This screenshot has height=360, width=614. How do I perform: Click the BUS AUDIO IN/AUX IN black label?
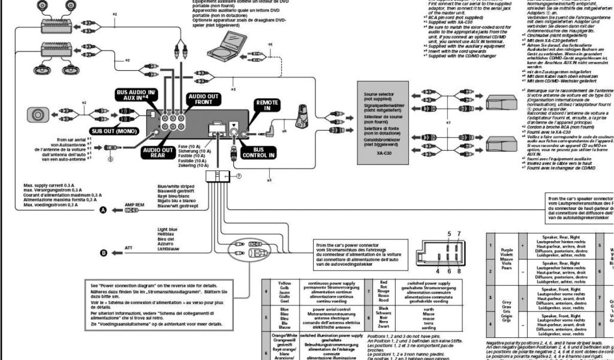pyautogui.click(x=135, y=94)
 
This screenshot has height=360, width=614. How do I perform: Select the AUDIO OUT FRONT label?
pyautogui.click(x=204, y=99)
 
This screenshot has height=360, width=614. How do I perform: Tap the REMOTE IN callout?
pyautogui.click(x=267, y=106)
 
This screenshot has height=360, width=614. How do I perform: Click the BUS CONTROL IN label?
pyautogui.click(x=259, y=152)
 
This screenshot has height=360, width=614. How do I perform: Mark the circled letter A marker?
pyautogui.click(x=103, y=210)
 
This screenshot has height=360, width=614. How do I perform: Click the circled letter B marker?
pyautogui.click(x=103, y=253)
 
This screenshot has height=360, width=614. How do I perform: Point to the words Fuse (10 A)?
pyautogui.click(x=189, y=146)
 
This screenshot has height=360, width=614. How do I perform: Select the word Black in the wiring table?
pyautogui.click(x=384, y=308)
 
